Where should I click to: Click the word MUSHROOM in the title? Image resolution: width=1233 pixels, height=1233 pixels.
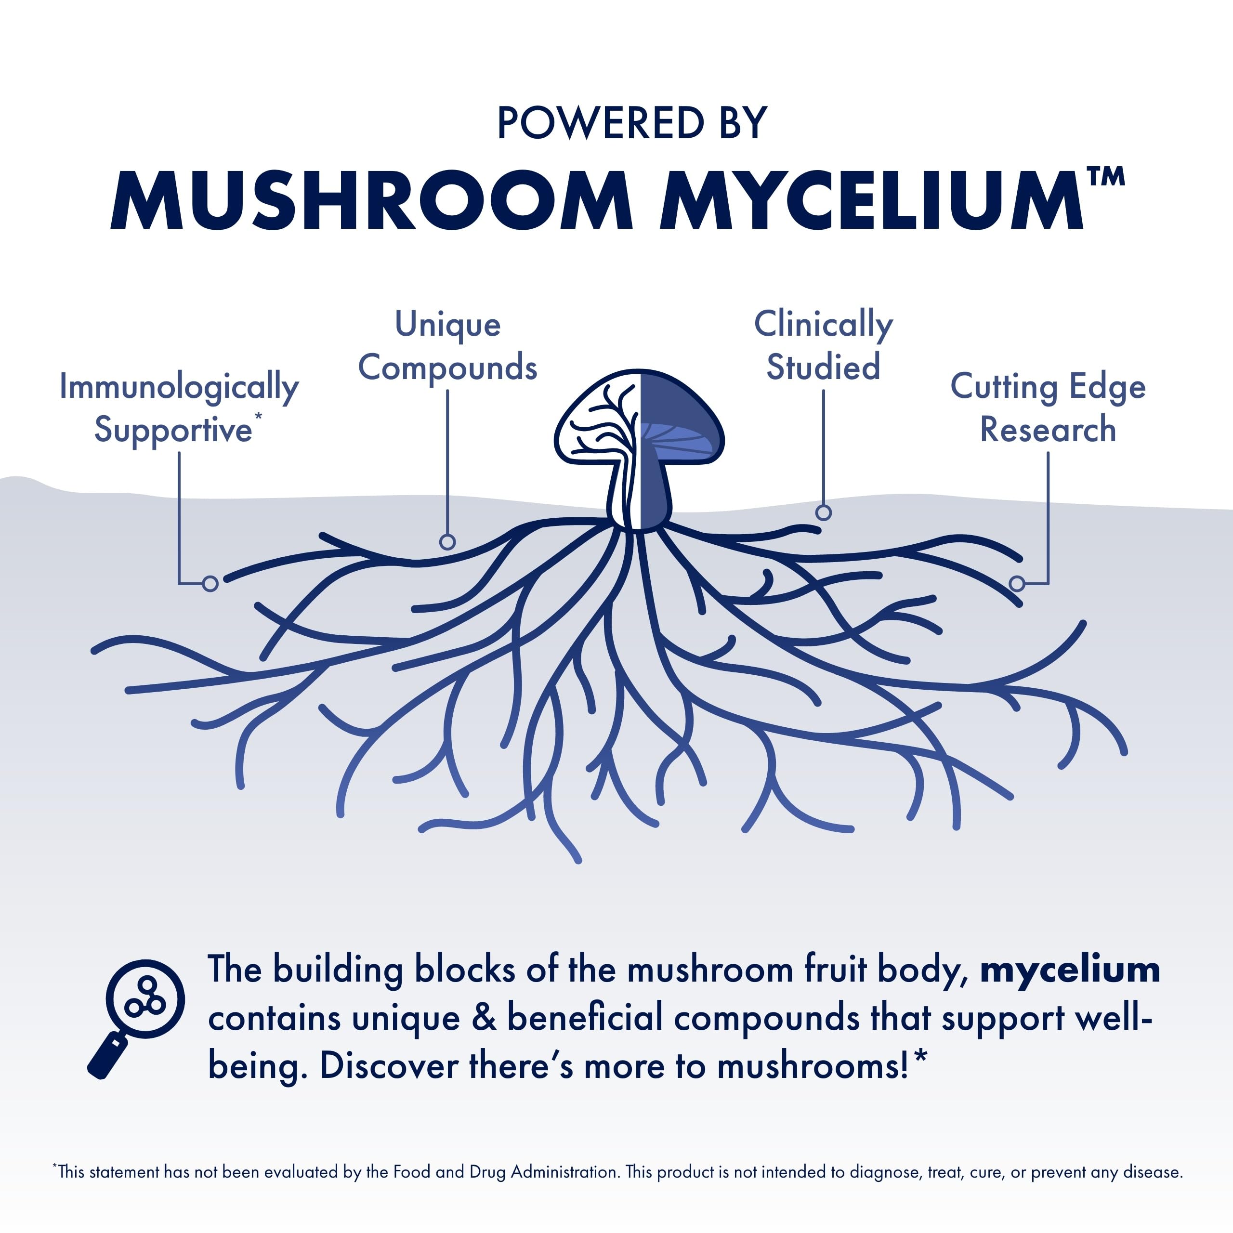(371, 200)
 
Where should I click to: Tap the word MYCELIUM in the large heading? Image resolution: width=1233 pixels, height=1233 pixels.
(871, 200)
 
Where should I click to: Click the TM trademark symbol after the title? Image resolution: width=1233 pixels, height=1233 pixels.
(1105, 177)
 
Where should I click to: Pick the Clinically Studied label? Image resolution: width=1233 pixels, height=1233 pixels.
(823, 345)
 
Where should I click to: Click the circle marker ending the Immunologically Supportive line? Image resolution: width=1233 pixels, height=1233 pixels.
(210, 583)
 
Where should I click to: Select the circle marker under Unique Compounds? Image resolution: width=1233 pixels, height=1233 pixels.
(447, 542)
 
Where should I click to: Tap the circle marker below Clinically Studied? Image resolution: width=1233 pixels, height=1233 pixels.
(823, 512)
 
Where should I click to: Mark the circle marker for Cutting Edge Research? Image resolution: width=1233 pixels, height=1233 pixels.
(1017, 583)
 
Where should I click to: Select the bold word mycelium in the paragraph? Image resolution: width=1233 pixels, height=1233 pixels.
(1070, 970)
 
